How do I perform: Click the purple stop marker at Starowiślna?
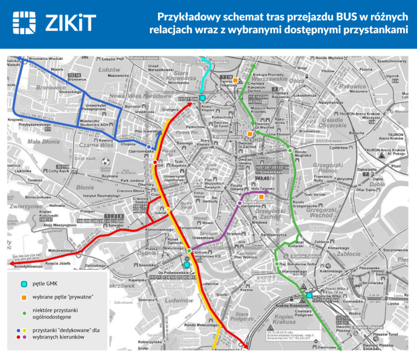pyautogui.click(x=240, y=203)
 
